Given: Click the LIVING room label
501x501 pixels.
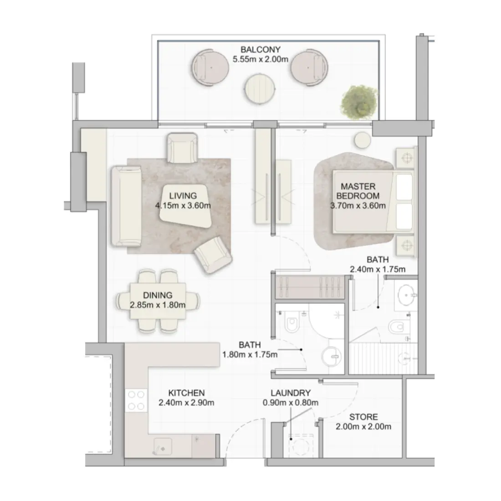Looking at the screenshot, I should coord(183,196).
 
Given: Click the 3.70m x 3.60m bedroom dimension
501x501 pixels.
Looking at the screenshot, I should coord(358,205).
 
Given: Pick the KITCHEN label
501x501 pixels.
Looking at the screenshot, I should coord(186,393).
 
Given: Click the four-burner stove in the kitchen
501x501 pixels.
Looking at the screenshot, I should coord(136,400).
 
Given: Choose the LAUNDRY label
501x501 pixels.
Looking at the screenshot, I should coord(290,393).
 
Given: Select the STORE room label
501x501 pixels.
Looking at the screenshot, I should coord(363,417).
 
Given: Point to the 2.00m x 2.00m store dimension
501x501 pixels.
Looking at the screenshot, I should coord(363,427).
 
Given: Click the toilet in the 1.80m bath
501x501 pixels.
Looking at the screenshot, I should coord(290,324).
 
